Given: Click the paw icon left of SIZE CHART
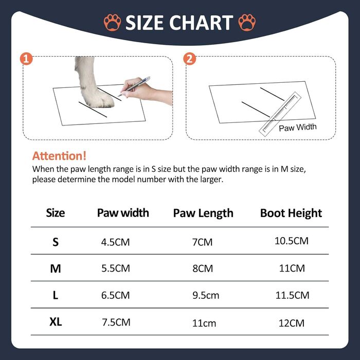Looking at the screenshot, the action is coord(112,23).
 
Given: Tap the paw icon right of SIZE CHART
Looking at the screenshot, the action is coord(247,23).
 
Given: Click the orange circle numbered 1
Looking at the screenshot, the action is coord(26,59).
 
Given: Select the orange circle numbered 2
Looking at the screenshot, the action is coord(189,59).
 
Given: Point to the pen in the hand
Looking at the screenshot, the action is coord(134,86).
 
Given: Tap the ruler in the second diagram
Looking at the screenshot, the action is coord(280,114).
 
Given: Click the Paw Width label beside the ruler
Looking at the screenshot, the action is coord(298,128).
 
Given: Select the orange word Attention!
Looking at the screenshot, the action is coord(59,156).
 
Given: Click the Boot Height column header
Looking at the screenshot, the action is coord(291,213).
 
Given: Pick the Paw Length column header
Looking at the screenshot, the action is coord(203,213).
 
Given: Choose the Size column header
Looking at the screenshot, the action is coord(56,213).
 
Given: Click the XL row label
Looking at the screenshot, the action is coord(56,322).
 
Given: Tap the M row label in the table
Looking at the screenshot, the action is coord(56,268).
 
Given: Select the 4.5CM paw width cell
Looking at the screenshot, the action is coord(116,242).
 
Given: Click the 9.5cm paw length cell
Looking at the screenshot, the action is coord(206,295).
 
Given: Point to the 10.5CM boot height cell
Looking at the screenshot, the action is coord(292,241).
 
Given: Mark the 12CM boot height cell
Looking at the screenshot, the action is coord(292,323).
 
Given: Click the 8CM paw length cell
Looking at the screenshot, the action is coord(203,268).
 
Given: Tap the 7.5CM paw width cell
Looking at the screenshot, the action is coord(116,322).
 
